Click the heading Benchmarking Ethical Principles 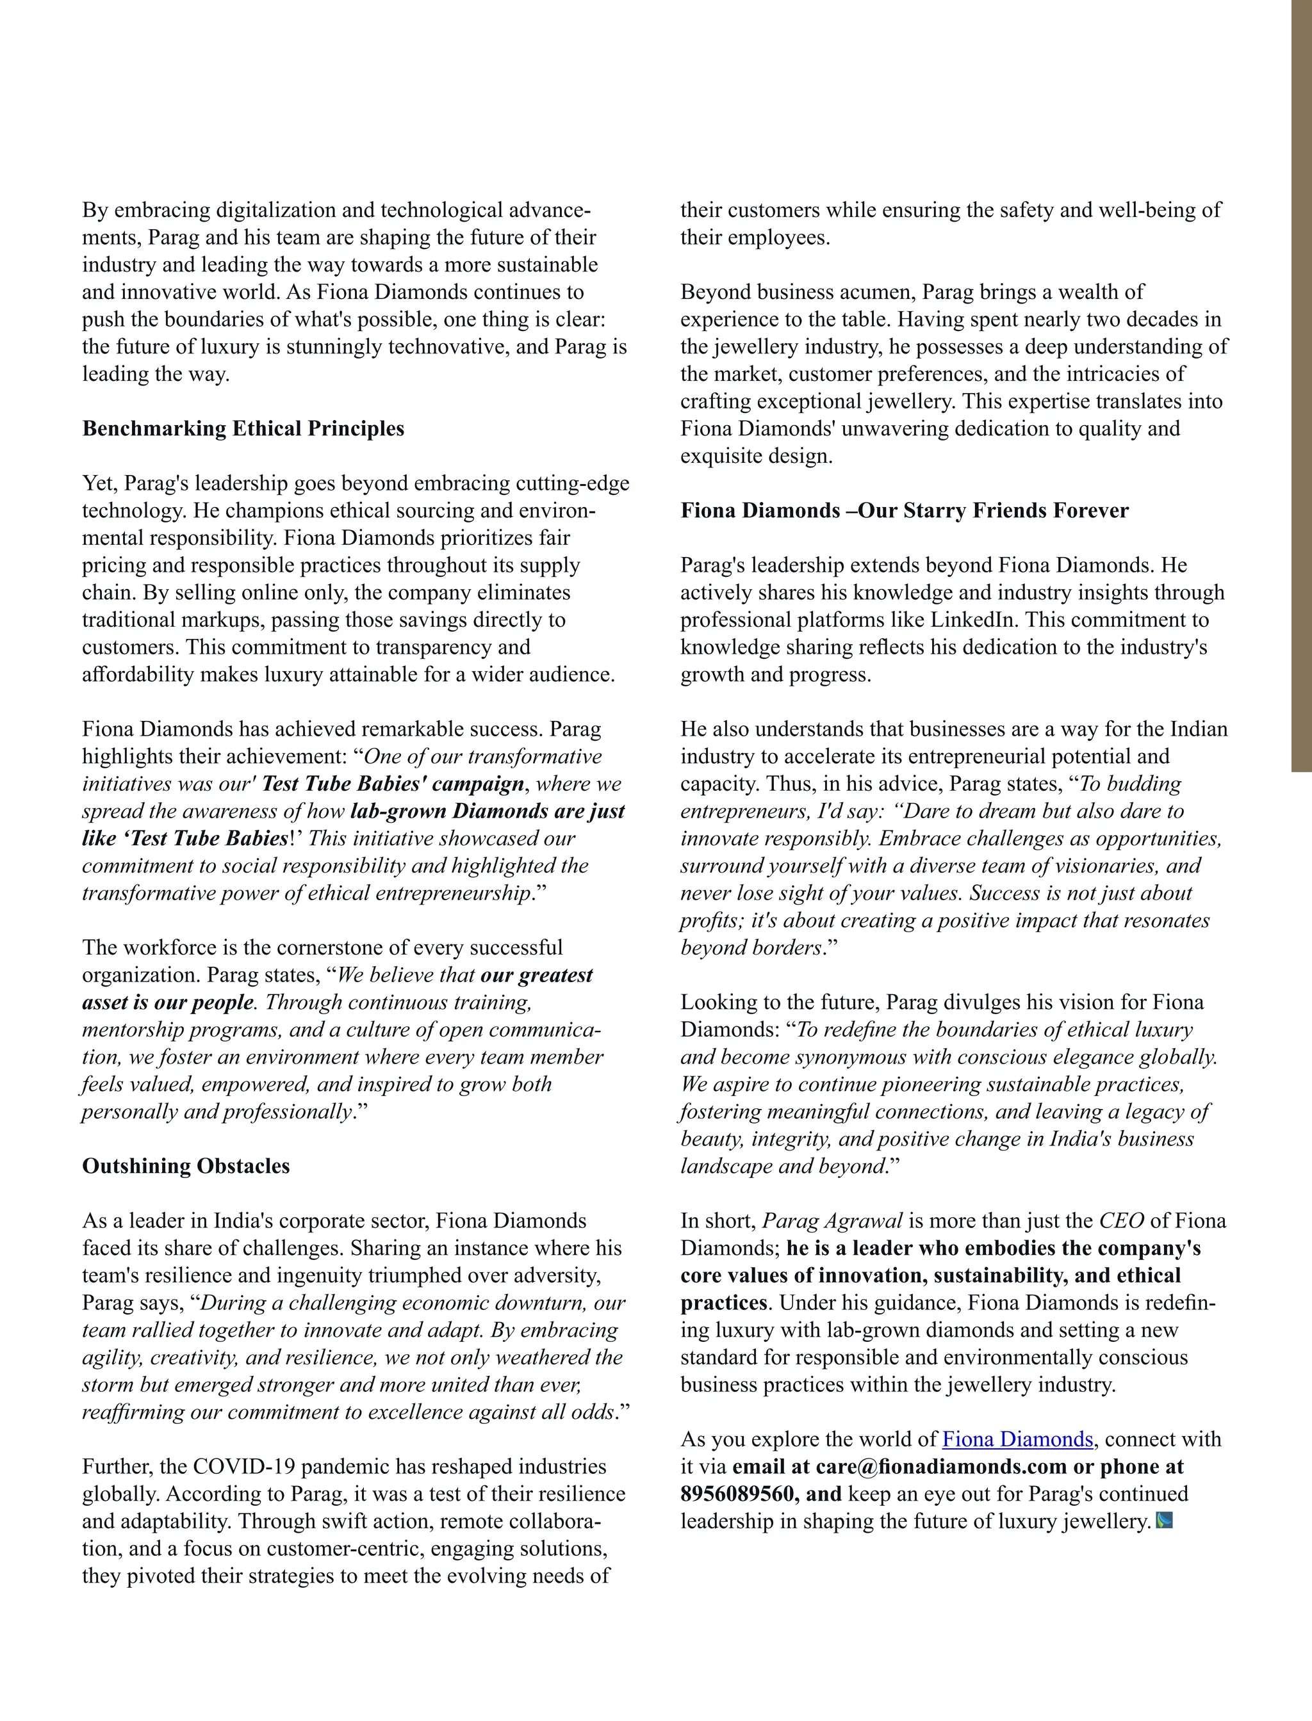243,428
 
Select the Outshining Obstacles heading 186,1166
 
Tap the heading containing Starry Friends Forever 905,510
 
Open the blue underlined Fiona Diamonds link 1017,1439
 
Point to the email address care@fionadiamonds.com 941,1467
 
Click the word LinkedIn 973,620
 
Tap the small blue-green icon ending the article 1163,1521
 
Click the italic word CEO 1122,1221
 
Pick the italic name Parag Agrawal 832,1221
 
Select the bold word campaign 478,784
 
